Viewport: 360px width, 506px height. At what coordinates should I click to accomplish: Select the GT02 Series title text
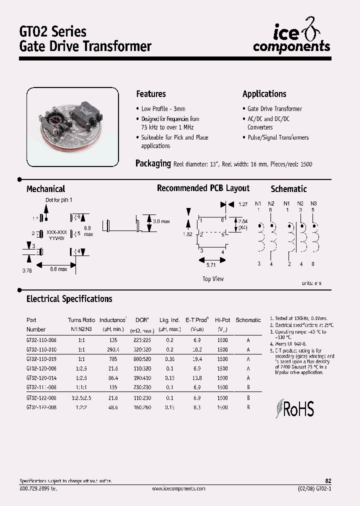(52, 31)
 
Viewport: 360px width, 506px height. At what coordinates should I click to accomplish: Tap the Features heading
(150, 94)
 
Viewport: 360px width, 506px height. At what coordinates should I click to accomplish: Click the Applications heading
(264, 94)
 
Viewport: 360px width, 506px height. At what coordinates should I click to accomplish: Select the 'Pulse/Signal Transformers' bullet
(278, 137)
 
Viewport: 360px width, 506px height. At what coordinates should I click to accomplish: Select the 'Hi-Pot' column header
(222, 320)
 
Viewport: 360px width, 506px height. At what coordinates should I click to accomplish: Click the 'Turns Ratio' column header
(81, 320)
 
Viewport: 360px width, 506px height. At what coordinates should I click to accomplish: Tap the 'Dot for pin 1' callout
(59, 200)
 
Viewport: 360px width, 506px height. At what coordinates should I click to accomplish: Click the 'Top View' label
(213, 279)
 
